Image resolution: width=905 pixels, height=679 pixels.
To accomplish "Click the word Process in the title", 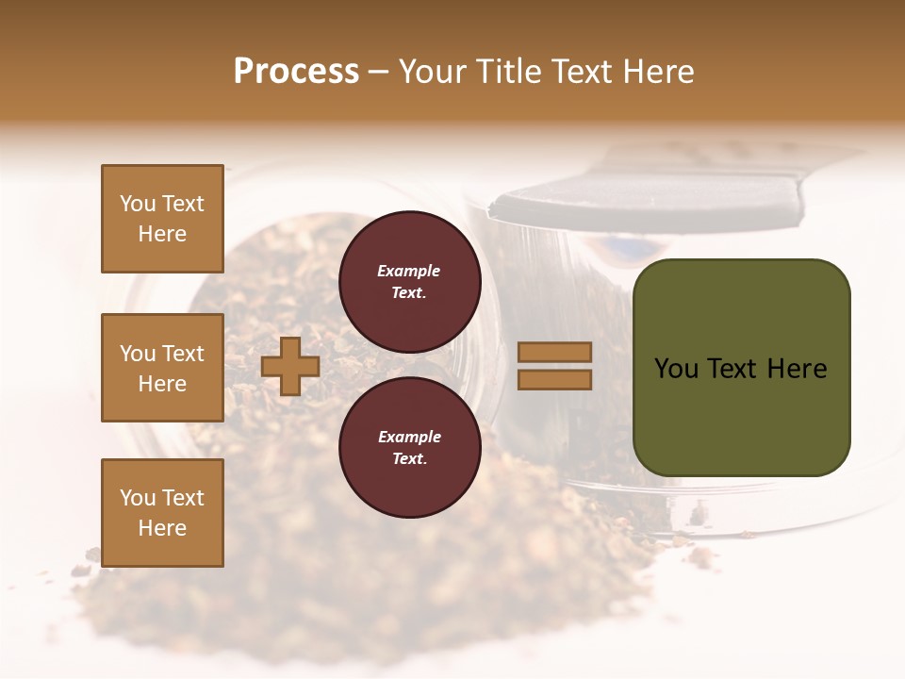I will [296, 72].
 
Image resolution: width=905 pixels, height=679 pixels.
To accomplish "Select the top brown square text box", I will [162, 219].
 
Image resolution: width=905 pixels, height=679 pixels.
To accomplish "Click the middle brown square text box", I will [162, 368].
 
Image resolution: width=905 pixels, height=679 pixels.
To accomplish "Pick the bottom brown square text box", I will [162, 512].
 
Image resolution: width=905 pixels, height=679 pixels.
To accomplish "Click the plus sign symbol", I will [290, 366].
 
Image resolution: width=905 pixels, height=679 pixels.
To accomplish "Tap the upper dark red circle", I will [410, 281].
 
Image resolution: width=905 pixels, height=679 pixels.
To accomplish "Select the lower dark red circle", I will [410, 447].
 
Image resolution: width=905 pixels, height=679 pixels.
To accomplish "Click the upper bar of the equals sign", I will [555, 352].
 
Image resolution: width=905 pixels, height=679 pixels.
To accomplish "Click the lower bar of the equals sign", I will [555, 379].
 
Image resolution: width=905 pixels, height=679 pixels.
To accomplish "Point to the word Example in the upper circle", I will [409, 271].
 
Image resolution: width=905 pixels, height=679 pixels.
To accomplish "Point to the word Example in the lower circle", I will [409, 437].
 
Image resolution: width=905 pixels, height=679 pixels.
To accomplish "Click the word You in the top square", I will [137, 204].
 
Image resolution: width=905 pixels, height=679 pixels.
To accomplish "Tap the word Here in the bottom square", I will [162, 528].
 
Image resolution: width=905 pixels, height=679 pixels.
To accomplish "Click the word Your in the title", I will [435, 72].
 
